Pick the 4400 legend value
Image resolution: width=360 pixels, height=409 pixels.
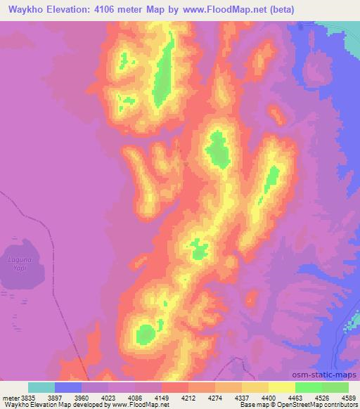coord(258,397)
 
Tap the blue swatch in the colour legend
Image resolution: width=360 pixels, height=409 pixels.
coord(67,387)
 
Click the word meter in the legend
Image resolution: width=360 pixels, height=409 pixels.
coord(8,397)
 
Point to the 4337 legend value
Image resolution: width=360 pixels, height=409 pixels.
coord(231,397)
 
